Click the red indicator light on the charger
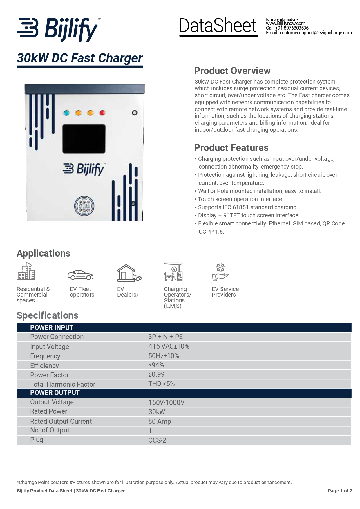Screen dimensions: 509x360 (102, 113)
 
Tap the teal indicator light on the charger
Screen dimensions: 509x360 (66, 113)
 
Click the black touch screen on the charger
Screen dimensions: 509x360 (84, 139)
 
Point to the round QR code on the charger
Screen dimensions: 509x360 (84, 206)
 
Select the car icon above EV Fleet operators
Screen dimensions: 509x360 (80, 275)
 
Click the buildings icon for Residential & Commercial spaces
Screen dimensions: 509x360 (26, 271)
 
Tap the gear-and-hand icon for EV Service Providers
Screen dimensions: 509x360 (220, 272)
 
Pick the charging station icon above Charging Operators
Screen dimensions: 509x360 (173, 272)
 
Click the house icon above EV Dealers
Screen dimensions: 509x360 (129, 273)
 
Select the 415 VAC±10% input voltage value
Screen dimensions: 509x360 (169, 346)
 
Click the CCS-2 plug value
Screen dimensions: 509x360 (157, 440)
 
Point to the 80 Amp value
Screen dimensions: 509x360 (160, 421)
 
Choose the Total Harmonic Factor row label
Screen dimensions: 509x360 (63, 384)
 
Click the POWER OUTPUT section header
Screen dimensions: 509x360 (55, 393)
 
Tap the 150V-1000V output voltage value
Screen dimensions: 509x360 (166, 402)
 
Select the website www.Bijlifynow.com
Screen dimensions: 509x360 (285, 24)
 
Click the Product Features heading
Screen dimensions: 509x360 (231, 148)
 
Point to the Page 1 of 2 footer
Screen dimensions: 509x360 (340, 491)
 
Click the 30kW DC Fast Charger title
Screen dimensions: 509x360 (80, 58)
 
